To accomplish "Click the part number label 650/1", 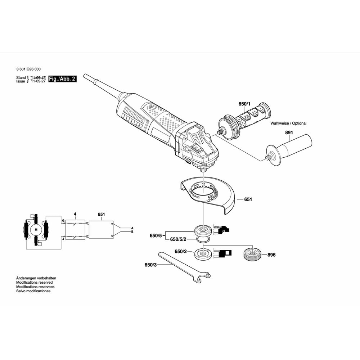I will click(243, 104).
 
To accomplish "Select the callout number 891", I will click(289, 132).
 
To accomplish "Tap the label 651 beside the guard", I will click(248, 199).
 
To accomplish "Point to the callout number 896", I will click(271, 255).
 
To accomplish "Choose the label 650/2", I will click(181, 252).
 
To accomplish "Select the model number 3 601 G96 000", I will click(28, 69).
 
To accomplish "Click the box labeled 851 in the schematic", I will click(101, 230).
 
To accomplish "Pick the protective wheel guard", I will click(209, 194).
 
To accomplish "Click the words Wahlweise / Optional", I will click(288, 123).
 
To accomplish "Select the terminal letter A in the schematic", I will click(132, 228).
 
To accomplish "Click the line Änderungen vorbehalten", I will click(36, 278).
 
